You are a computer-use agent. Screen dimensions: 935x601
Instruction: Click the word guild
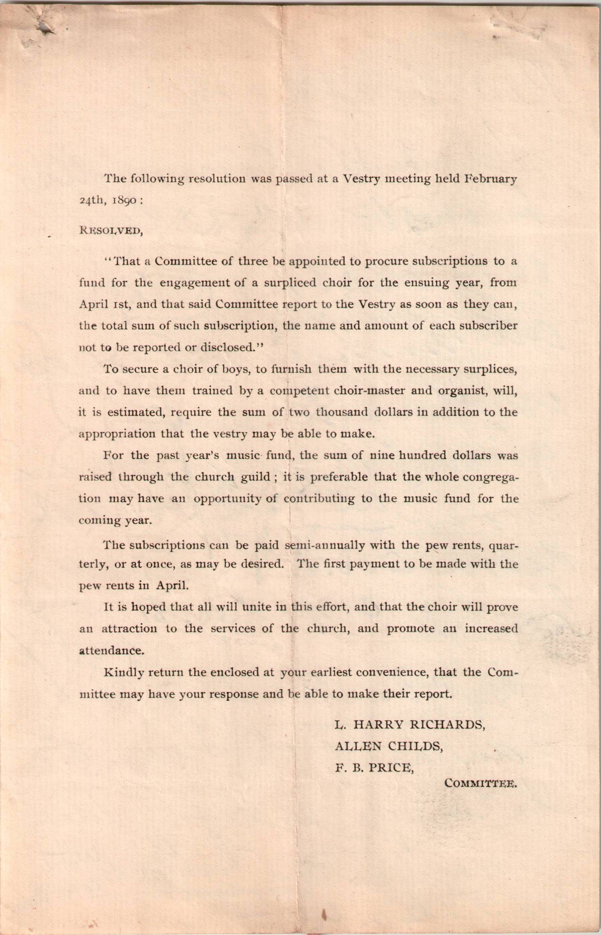click(257, 477)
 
